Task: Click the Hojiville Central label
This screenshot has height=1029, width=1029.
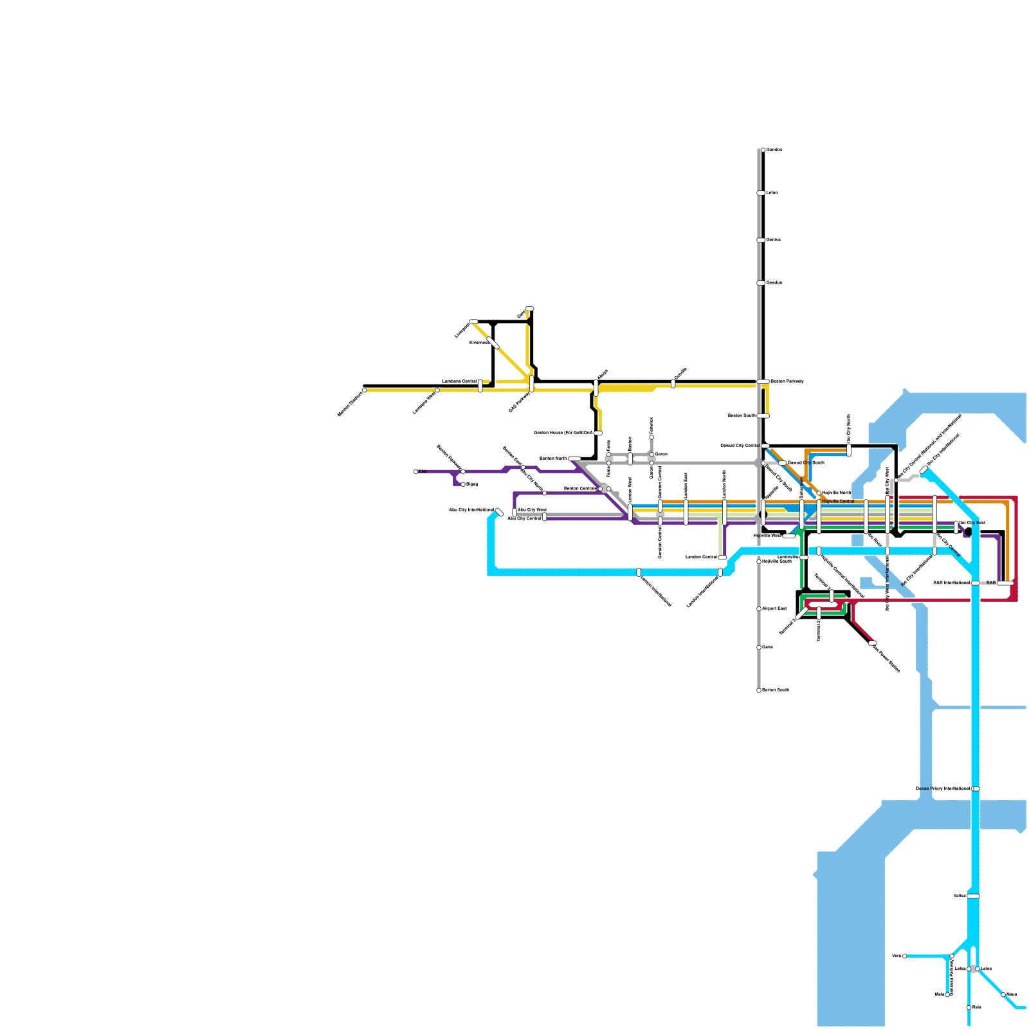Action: [x=839, y=501]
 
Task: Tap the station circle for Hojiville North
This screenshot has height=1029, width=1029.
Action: [x=819, y=493]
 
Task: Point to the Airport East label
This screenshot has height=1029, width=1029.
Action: [x=774, y=608]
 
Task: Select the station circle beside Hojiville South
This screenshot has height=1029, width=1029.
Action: [x=759, y=561]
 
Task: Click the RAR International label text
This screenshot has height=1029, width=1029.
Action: [x=951, y=583]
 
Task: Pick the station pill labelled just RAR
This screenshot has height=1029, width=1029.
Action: [x=1005, y=583]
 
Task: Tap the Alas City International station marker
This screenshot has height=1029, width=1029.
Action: [x=499, y=512]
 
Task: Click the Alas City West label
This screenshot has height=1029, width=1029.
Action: [x=532, y=510]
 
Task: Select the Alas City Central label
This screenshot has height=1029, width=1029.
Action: [x=524, y=518]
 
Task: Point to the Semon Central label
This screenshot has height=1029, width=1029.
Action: [x=579, y=489]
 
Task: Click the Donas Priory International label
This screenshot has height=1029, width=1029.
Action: [x=943, y=788]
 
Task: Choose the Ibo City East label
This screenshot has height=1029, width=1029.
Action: [x=972, y=523]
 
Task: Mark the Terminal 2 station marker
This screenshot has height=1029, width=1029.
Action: [x=819, y=612]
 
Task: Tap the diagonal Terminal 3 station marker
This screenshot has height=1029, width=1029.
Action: [x=801, y=615]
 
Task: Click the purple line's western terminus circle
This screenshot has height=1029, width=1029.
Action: [x=416, y=471]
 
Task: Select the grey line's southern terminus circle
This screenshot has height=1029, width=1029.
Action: [x=759, y=690]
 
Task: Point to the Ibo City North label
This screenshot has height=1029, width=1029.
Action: [x=849, y=428]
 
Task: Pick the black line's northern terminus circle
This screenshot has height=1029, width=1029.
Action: [x=763, y=150]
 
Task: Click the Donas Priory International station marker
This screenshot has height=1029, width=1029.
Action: [x=976, y=788]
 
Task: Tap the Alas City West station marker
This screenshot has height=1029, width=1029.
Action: [x=514, y=513]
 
